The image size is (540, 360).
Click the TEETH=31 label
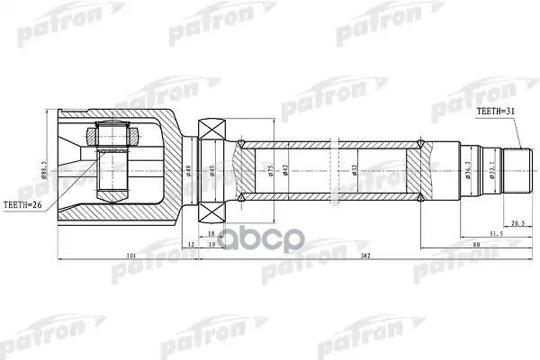tap(497, 110)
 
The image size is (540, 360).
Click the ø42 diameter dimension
tap(285, 170)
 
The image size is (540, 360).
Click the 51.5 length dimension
tap(496, 233)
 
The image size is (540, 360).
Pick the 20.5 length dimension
tap(516, 222)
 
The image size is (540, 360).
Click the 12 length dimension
tap(190, 244)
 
